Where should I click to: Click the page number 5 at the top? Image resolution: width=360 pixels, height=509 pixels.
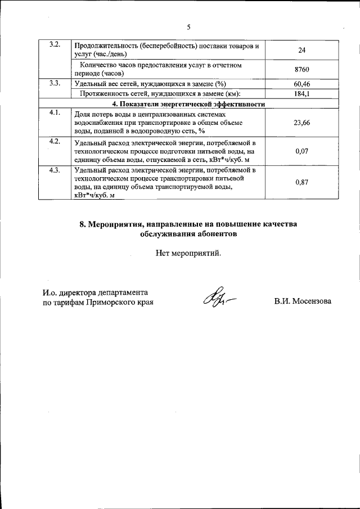point(188,27)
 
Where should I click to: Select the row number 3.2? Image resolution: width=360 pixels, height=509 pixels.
point(55,45)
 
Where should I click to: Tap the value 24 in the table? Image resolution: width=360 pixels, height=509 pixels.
point(301,50)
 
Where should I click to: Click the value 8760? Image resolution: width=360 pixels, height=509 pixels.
point(301,70)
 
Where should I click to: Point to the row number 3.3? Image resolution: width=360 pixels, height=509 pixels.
point(55,83)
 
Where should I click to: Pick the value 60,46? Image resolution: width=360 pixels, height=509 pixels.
point(301,84)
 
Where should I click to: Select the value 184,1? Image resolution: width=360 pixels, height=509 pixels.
point(301,94)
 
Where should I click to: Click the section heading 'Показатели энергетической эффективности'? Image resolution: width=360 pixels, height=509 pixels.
point(188,104)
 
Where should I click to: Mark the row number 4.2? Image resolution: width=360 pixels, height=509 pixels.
point(55,141)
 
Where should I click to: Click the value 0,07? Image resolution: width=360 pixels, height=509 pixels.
point(301,151)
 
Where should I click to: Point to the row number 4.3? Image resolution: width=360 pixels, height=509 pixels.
point(55,170)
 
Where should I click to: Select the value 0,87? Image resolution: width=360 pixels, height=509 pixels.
point(301,182)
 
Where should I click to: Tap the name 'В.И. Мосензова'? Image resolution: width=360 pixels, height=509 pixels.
point(303,301)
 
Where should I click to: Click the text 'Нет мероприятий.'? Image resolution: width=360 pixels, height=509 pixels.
point(188,253)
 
